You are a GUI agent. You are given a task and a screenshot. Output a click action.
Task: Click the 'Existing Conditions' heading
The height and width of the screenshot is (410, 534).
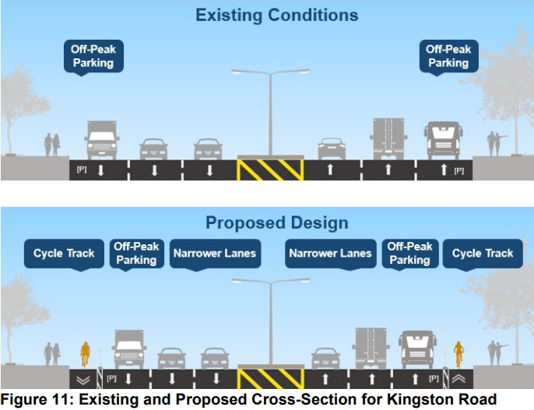277,15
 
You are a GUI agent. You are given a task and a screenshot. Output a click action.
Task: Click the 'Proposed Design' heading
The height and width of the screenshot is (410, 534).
276,223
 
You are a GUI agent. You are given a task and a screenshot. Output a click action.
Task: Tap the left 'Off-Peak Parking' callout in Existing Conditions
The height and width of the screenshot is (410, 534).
93,56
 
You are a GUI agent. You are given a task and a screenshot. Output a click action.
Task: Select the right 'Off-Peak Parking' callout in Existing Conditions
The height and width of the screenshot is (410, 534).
448,56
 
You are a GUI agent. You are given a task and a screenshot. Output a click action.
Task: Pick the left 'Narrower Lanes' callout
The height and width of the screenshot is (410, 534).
214,254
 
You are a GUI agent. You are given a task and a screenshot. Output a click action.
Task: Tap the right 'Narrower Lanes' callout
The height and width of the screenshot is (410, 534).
330,254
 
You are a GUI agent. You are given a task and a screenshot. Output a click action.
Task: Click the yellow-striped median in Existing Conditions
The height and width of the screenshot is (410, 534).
269,169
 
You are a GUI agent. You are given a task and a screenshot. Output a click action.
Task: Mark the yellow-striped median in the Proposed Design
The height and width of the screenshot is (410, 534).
269,378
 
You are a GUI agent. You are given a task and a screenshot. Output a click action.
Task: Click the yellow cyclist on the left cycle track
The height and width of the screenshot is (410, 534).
85,354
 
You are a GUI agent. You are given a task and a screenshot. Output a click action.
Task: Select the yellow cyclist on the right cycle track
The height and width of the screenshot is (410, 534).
458,353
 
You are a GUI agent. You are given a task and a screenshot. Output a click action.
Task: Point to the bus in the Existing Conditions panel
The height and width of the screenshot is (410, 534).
444,140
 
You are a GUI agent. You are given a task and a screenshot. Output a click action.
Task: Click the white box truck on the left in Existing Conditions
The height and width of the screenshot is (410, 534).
102,140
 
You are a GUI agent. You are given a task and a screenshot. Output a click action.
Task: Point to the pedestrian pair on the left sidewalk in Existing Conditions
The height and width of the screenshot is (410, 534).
51,145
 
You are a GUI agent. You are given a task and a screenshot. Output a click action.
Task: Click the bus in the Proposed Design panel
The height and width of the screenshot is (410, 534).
418,349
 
